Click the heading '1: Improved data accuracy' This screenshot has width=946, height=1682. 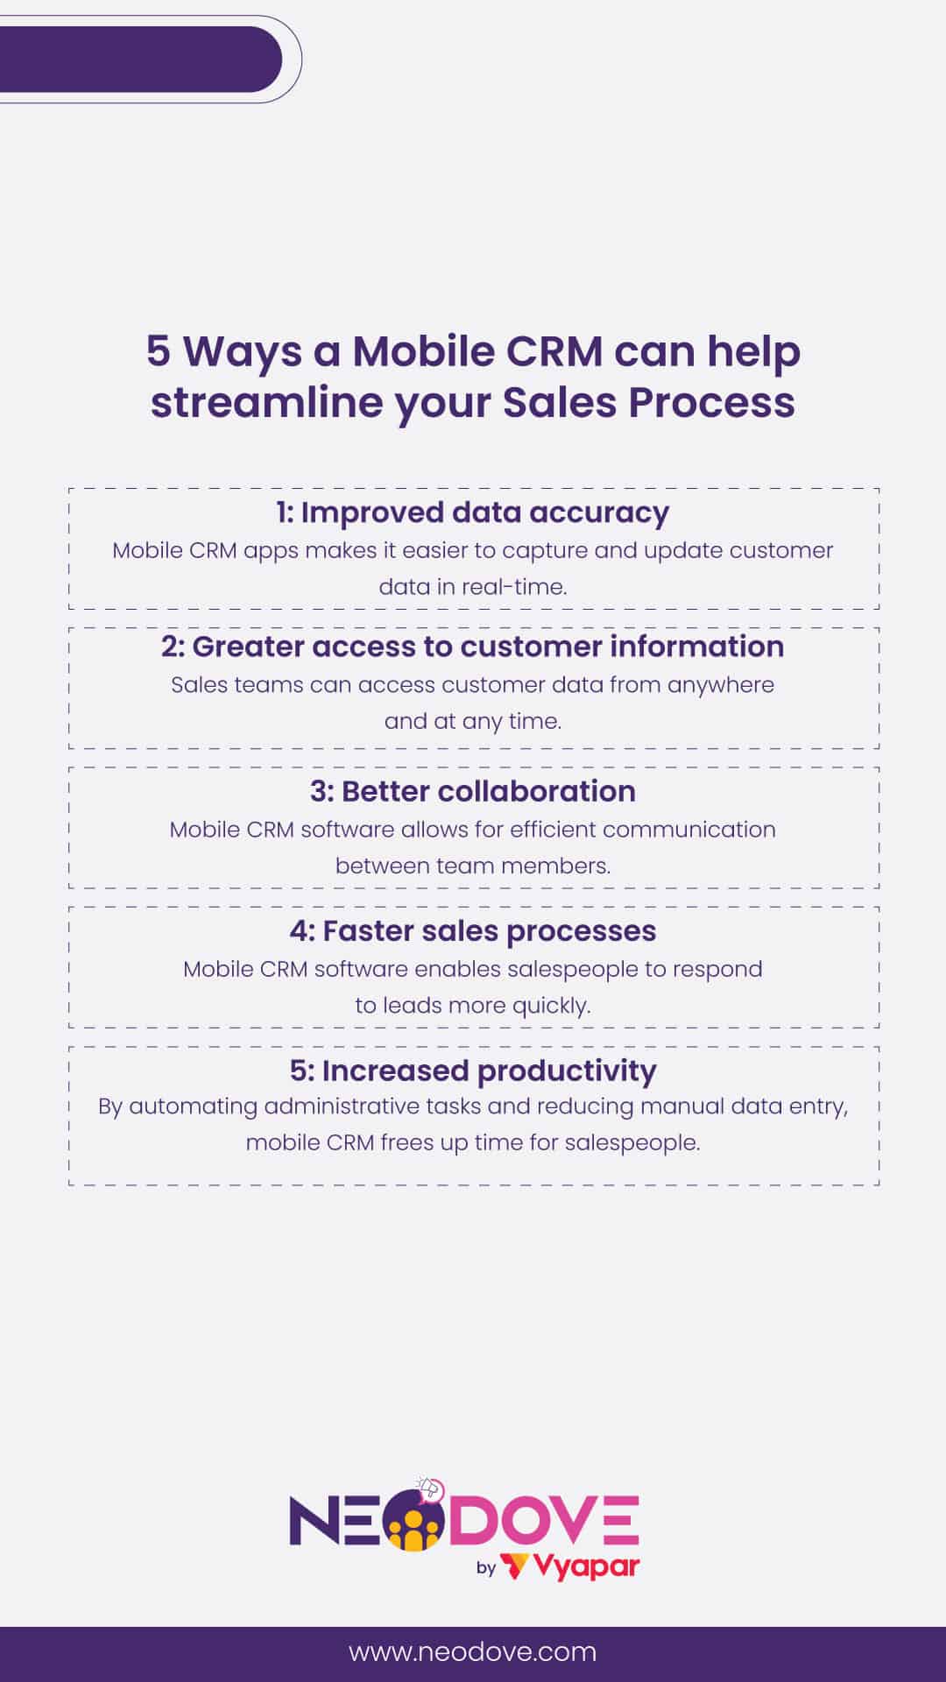pyautogui.click(x=473, y=512)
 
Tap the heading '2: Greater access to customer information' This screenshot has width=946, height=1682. pyautogui.click(x=473, y=647)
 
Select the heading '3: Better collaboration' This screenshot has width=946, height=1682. pyautogui.click(x=473, y=791)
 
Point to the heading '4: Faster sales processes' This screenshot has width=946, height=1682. pyautogui.click(x=473, y=930)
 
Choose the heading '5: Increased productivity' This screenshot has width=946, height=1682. pyautogui.click(x=473, y=1071)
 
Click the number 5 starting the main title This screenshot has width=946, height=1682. pyautogui.click(x=158, y=351)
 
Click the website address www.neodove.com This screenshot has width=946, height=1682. pyautogui.click(x=473, y=1652)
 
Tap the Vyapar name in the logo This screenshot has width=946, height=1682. pyautogui.click(x=585, y=1567)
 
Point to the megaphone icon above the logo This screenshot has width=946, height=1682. pyautogui.click(x=430, y=1488)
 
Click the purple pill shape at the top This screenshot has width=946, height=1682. pyautogui.click(x=140, y=60)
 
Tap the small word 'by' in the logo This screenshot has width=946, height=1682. pyautogui.click(x=486, y=1568)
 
